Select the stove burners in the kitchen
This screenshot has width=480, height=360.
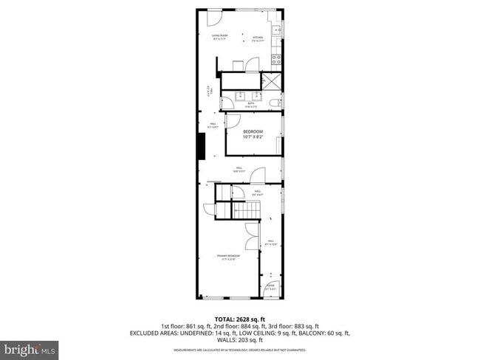click(276, 59)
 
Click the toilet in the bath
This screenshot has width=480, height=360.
click(275, 103)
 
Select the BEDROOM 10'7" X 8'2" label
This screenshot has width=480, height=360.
click(253, 134)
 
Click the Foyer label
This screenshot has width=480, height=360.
click(270, 287)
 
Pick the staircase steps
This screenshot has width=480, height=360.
click(247, 212)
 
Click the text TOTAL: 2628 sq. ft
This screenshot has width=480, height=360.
click(239, 319)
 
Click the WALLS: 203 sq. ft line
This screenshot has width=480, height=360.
click(239, 341)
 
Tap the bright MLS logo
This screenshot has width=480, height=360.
click(30, 347)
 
